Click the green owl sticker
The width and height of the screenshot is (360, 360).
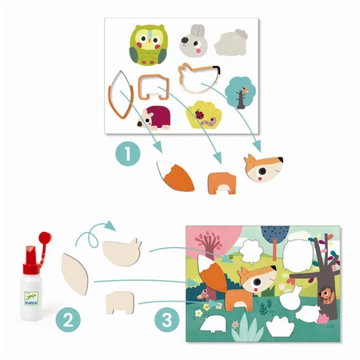point(149,45)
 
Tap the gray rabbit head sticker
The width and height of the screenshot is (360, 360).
point(194,41)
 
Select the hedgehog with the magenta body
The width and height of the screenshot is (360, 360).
point(154,118)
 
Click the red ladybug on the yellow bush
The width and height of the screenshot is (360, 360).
point(199,114)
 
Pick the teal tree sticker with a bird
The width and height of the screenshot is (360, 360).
point(240,92)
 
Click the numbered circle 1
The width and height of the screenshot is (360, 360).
point(128,154)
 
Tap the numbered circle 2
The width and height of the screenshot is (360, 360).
point(68,320)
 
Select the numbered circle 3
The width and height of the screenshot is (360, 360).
point(167,320)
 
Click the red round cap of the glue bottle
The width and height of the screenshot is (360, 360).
point(44,237)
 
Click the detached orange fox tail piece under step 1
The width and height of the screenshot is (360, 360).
point(175,175)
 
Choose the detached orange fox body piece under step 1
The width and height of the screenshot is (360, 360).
point(222,183)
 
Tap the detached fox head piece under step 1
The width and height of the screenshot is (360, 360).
point(263,168)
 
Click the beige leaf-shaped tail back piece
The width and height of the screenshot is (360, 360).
point(74,274)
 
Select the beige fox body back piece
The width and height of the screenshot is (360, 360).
point(120,302)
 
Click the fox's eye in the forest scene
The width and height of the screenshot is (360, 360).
point(258,282)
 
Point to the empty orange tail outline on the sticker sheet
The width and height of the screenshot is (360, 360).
point(121,94)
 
